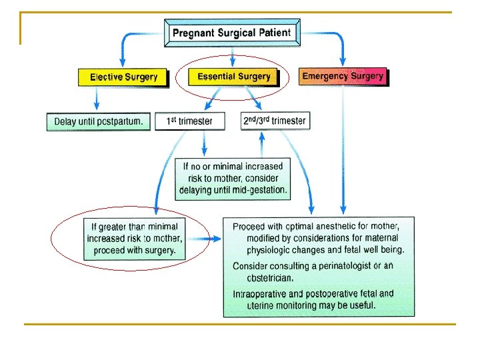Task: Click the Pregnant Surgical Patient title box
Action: pyautogui.click(x=232, y=33)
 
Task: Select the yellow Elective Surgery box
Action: pyautogui.click(x=123, y=77)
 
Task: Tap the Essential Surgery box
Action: pyautogui.click(x=233, y=77)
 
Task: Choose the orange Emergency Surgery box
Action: pyautogui.click(x=343, y=76)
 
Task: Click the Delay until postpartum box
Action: pyautogui.click(x=99, y=121)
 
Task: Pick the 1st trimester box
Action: pyautogui.click(x=190, y=121)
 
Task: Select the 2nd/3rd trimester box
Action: pyautogui.click(x=275, y=121)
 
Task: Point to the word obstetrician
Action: pyautogui.click(x=270, y=278)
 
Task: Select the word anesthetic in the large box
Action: pyautogui.click(x=335, y=226)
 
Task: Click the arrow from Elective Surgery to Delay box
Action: pyautogui.click(x=97, y=98)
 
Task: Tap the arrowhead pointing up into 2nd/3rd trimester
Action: pyautogui.click(x=262, y=137)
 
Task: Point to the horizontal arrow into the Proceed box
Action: pyautogui.click(x=204, y=239)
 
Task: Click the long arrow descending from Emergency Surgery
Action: pyautogui.click(x=343, y=150)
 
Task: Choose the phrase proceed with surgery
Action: pyautogui.click(x=135, y=251)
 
